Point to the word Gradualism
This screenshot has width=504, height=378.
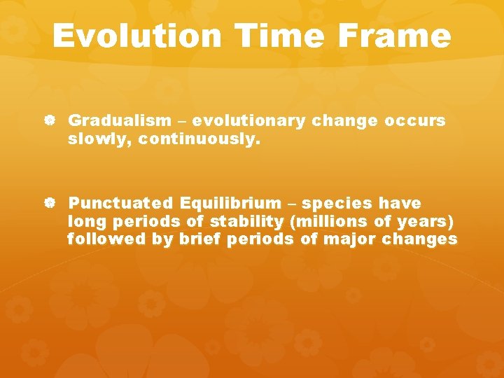point(118,121)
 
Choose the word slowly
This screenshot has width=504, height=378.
point(100,139)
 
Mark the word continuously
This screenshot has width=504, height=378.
point(199,139)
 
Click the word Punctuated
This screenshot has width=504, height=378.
point(120,204)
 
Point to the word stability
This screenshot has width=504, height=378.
point(240,222)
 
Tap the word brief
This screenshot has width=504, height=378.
point(196,239)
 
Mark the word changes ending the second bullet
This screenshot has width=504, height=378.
point(425,239)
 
